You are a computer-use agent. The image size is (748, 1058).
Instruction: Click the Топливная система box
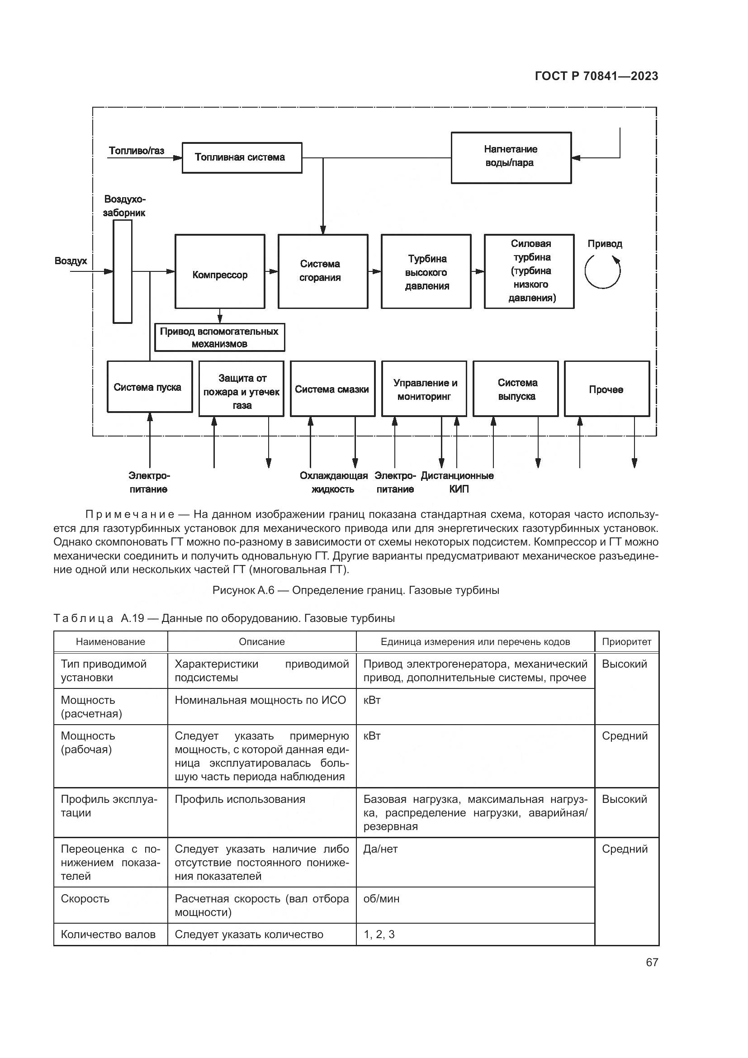pos(242,157)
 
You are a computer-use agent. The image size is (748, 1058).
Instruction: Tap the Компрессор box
pos(220,271)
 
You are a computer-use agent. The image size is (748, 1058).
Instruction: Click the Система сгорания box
pos(322,271)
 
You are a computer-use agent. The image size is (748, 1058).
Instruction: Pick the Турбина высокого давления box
pos(426,271)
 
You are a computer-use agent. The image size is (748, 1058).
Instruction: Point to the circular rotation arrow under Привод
pos(602,271)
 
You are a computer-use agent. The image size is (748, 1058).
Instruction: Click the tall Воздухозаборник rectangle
pos(123,271)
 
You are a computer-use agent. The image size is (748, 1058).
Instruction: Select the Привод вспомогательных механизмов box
pos(219,338)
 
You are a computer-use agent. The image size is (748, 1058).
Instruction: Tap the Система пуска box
pos(149,387)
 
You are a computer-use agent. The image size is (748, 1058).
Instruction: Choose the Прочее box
pos(606,389)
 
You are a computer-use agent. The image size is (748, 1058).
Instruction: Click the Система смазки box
pos(332,389)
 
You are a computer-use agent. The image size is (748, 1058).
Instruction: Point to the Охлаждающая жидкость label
pos(333,482)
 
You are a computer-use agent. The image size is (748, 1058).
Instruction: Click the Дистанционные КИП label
pos(457,482)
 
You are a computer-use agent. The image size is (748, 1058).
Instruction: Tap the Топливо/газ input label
pos(136,151)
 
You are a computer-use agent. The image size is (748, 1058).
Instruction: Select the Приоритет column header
pos(626,641)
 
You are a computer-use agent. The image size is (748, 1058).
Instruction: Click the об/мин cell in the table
pos(381,899)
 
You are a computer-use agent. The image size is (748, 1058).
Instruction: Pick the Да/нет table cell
pos(380,849)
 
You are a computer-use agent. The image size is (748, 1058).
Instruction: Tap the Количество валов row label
pos(108,935)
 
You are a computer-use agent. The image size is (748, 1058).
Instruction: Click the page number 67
pos(652,962)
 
